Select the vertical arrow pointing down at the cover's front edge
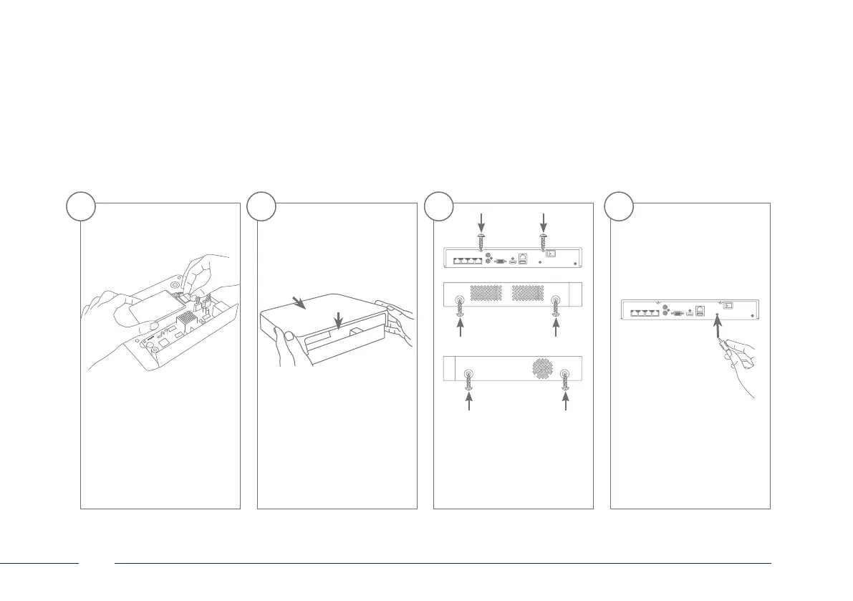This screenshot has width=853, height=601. pyautogui.click(x=337, y=322)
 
